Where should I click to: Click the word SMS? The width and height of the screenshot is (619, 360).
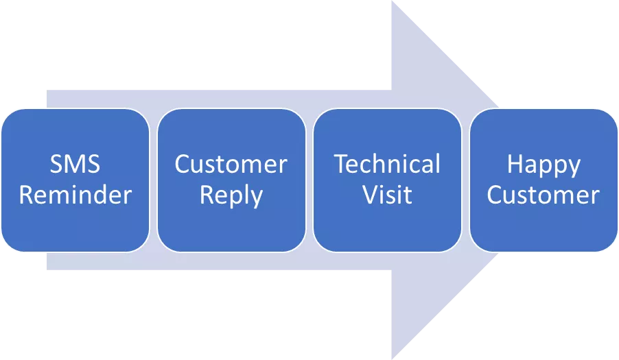click(x=75, y=165)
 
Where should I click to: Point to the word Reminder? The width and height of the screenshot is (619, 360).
click(x=75, y=195)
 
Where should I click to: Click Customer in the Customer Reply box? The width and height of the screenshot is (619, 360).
click(x=231, y=165)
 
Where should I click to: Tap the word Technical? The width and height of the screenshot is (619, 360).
click(x=387, y=165)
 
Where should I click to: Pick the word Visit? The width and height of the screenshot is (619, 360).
click(x=387, y=195)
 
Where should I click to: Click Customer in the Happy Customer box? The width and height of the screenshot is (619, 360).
click(x=543, y=195)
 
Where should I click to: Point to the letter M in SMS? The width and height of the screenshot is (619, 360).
click(x=75, y=165)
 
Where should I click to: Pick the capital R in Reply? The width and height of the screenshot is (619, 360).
click(x=207, y=195)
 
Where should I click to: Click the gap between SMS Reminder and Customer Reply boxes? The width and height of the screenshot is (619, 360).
click(x=153, y=180)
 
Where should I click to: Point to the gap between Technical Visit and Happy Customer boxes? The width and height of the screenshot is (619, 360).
click(x=465, y=180)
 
